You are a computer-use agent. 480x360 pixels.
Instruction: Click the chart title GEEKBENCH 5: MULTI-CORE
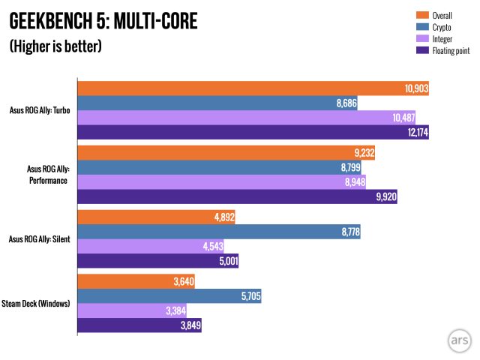point(103,21)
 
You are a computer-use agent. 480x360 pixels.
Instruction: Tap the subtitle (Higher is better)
point(55,46)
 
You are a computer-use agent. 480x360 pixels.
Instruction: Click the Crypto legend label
point(442,26)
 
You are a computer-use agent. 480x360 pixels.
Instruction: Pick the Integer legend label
point(443,38)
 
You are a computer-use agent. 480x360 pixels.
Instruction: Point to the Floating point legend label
point(451,50)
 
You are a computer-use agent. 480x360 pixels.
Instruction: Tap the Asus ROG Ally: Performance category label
point(45,175)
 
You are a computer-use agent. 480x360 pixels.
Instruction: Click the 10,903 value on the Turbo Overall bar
point(416,88)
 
